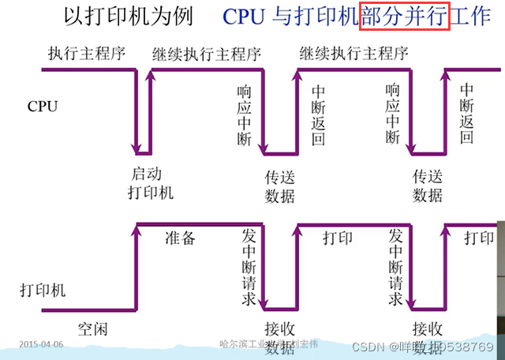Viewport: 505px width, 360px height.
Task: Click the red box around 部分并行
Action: [x=404, y=16]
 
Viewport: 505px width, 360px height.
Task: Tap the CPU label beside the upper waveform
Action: [x=42, y=105]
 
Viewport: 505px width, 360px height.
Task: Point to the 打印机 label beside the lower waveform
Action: [x=43, y=290]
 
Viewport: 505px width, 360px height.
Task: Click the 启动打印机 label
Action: [x=150, y=182]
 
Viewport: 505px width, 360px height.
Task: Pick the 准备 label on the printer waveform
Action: [x=180, y=238]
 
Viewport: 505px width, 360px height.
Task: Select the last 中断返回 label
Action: [x=467, y=115]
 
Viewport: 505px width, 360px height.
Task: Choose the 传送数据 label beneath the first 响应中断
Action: [x=279, y=186]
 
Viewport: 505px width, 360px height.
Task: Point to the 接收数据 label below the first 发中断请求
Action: [x=279, y=338]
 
